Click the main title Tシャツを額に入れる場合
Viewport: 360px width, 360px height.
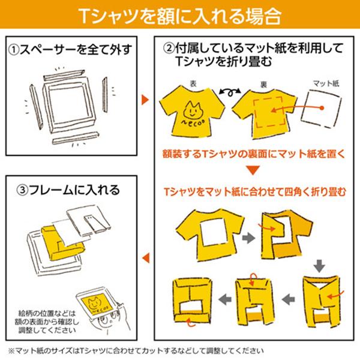pos(180,15)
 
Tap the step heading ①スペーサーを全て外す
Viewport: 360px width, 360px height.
pos(70,47)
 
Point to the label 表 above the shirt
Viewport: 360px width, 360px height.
pos(193,85)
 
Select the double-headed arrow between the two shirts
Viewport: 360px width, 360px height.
pos(226,91)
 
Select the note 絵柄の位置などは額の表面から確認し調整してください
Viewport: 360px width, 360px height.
pos(45,322)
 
